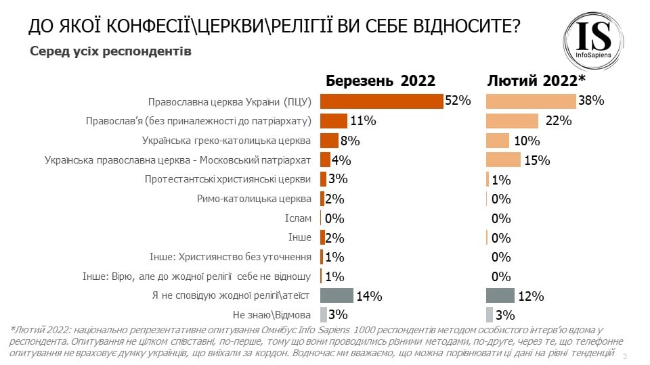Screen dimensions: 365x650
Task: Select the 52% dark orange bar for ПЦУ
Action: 381,101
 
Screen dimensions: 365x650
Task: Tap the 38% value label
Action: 591,101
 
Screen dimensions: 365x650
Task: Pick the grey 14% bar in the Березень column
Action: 337,295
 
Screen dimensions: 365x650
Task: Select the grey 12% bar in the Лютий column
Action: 500,295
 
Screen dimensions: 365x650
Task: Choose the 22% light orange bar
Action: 513,121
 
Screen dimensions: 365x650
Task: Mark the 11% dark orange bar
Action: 333,121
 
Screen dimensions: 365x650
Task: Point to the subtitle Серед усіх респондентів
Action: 110,51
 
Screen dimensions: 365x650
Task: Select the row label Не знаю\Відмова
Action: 272,315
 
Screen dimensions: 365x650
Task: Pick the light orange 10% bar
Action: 498,141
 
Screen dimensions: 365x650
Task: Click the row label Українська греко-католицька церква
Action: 226,141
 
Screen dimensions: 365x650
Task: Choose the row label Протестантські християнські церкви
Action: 228,179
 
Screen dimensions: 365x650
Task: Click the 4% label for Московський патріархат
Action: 340,160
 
